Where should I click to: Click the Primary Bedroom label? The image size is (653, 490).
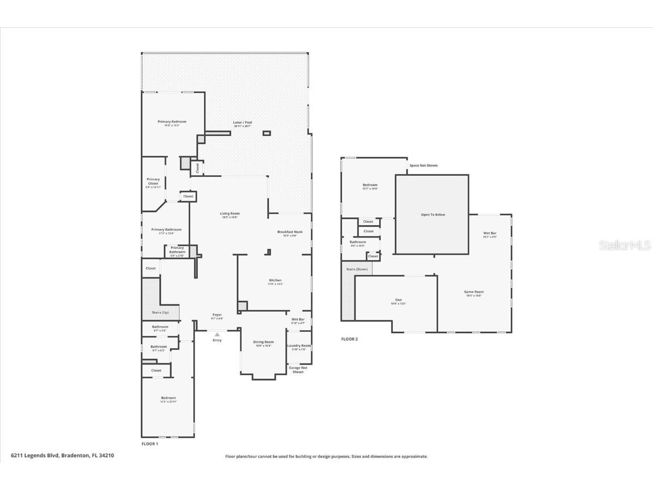coord(172,122)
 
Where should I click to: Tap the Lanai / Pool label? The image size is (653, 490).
coord(243,122)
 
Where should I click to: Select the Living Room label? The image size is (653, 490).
coord(230,214)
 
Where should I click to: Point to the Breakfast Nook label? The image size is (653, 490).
coord(290,232)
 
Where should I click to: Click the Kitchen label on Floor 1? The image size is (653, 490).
coord(275,280)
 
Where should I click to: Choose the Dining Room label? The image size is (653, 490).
coord(263,342)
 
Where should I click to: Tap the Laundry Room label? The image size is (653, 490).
coord(299,345)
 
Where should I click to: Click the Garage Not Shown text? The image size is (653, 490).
coord(298,370)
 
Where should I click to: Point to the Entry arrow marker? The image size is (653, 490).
coord(217,335)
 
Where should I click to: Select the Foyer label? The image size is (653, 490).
coord(217,315)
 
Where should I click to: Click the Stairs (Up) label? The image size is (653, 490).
coord(160,312)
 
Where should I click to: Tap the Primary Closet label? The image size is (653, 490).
coord(153,181)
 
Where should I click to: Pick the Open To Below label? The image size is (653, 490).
coord(432,215)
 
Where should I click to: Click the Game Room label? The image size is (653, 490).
coord(474,292)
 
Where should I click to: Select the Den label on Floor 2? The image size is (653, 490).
coord(398,300)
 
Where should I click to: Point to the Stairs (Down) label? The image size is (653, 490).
coord(357,269)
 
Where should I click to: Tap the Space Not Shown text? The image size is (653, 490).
coord(423,166)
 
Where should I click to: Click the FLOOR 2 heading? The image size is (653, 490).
coord(349,339)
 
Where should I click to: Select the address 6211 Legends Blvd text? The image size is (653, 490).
coord(62,455)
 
